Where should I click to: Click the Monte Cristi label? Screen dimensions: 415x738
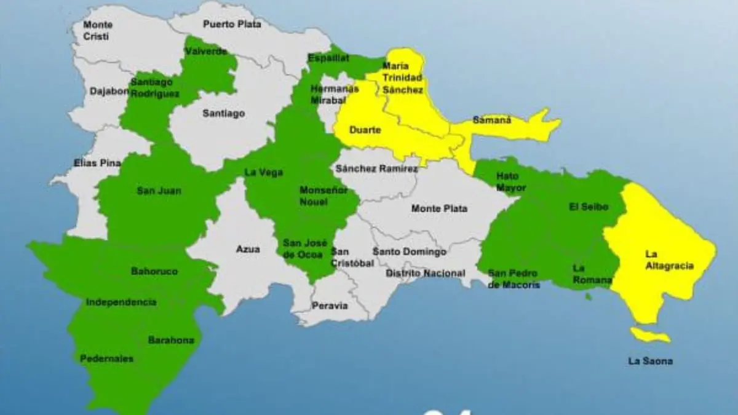coord(98,31)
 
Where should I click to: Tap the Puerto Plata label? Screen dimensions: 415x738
coord(232,25)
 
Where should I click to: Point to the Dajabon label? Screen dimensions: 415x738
coord(109,91)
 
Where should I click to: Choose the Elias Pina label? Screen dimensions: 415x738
coord(97,163)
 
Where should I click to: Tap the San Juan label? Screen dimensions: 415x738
coord(159,191)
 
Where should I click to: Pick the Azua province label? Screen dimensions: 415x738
coord(248,249)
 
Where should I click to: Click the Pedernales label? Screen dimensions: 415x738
coord(106,358)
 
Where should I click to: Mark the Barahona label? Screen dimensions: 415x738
coord(171,340)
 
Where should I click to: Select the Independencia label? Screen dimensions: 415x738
coord(121,302)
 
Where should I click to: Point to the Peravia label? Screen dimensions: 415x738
coord(330,306)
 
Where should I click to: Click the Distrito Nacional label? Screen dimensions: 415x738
coord(426,273)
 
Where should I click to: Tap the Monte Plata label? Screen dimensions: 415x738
coord(439,208)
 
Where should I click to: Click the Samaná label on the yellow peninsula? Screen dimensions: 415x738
coord(492,120)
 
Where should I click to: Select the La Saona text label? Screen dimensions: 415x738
coord(650,361)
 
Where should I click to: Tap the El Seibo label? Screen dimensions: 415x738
coord(589,207)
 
